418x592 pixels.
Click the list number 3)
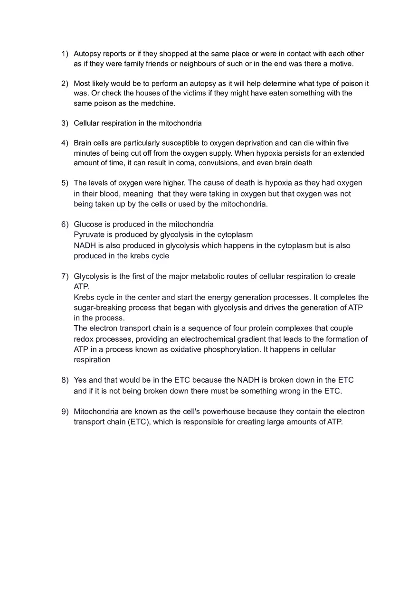[x=65, y=123]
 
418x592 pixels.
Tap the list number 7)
[x=65, y=276]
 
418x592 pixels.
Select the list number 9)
[x=65, y=412]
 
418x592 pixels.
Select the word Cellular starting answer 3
[x=87, y=123]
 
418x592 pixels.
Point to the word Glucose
[x=87, y=224]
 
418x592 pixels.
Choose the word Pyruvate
[x=89, y=235]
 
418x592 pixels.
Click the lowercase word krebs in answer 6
[x=140, y=256]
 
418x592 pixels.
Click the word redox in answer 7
[x=84, y=339]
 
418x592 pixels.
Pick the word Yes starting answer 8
[x=80, y=380]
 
